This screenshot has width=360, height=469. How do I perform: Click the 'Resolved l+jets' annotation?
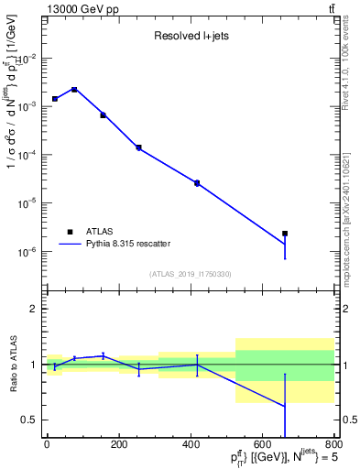tap(190, 38)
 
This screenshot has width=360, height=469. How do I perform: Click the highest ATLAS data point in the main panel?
tap(74, 90)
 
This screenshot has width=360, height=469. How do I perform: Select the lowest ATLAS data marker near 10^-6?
tap(285, 234)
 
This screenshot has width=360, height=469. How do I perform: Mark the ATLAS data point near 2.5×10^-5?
tap(197, 183)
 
